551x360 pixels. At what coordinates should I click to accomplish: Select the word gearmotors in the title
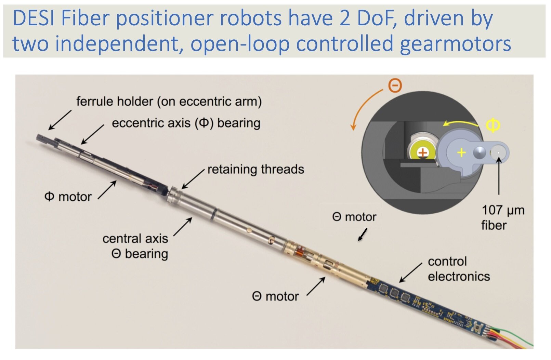[455, 44]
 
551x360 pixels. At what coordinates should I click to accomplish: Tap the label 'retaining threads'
[255, 170]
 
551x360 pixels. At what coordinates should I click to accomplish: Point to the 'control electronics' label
[458, 269]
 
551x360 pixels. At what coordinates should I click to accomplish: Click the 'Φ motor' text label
[68, 197]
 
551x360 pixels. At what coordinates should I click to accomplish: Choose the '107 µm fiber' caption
[502, 218]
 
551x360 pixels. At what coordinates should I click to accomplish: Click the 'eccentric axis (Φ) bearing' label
[186, 123]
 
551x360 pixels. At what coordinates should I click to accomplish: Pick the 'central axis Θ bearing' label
[135, 246]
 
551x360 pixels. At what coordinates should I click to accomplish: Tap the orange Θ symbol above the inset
[395, 85]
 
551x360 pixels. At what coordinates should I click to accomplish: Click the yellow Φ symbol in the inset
[493, 125]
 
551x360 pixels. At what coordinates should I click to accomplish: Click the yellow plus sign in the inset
[461, 152]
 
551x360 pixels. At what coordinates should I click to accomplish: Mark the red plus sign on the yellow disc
[423, 152]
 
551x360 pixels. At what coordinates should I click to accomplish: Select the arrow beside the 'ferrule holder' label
[60, 120]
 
